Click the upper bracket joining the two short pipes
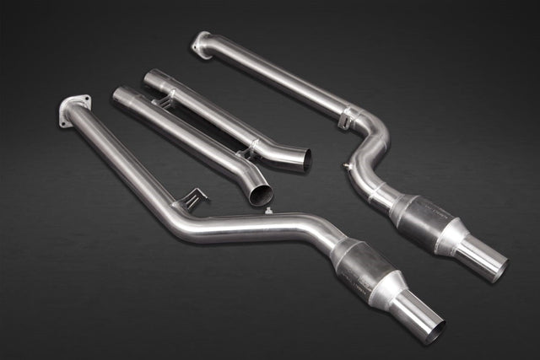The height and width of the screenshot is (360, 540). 166,101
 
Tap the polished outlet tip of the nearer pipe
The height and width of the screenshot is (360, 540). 422,317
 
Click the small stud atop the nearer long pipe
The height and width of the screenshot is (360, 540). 267,211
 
